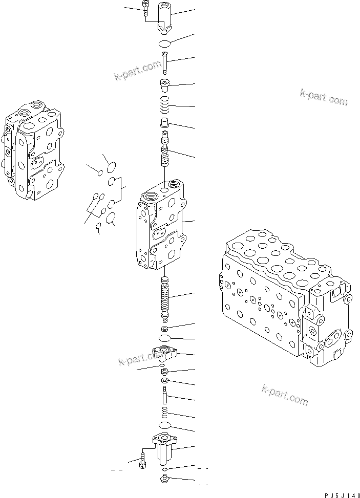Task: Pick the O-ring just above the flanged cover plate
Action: (x=164, y=339)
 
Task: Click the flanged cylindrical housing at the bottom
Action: (x=164, y=445)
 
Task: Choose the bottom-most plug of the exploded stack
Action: (x=164, y=480)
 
